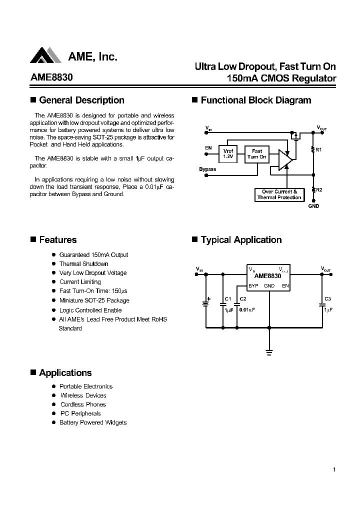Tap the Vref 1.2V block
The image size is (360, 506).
(228, 153)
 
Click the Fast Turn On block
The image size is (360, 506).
(257, 153)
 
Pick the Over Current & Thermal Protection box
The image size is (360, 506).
(279, 194)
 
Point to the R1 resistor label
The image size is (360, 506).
(319, 149)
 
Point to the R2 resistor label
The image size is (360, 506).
(319, 190)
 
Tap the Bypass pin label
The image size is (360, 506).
(207, 169)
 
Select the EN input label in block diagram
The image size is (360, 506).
(208, 148)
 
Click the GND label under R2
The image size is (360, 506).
(313, 206)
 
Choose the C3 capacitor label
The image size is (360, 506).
(327, 299)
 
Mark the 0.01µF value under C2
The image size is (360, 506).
(247, 310)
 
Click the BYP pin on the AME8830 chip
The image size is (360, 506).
(253, 286)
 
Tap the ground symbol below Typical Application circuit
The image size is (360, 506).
(269, 352)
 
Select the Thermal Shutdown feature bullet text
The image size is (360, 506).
(83, 264)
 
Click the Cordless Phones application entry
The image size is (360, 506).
(83, 404)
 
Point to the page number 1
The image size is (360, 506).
(333, 469)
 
